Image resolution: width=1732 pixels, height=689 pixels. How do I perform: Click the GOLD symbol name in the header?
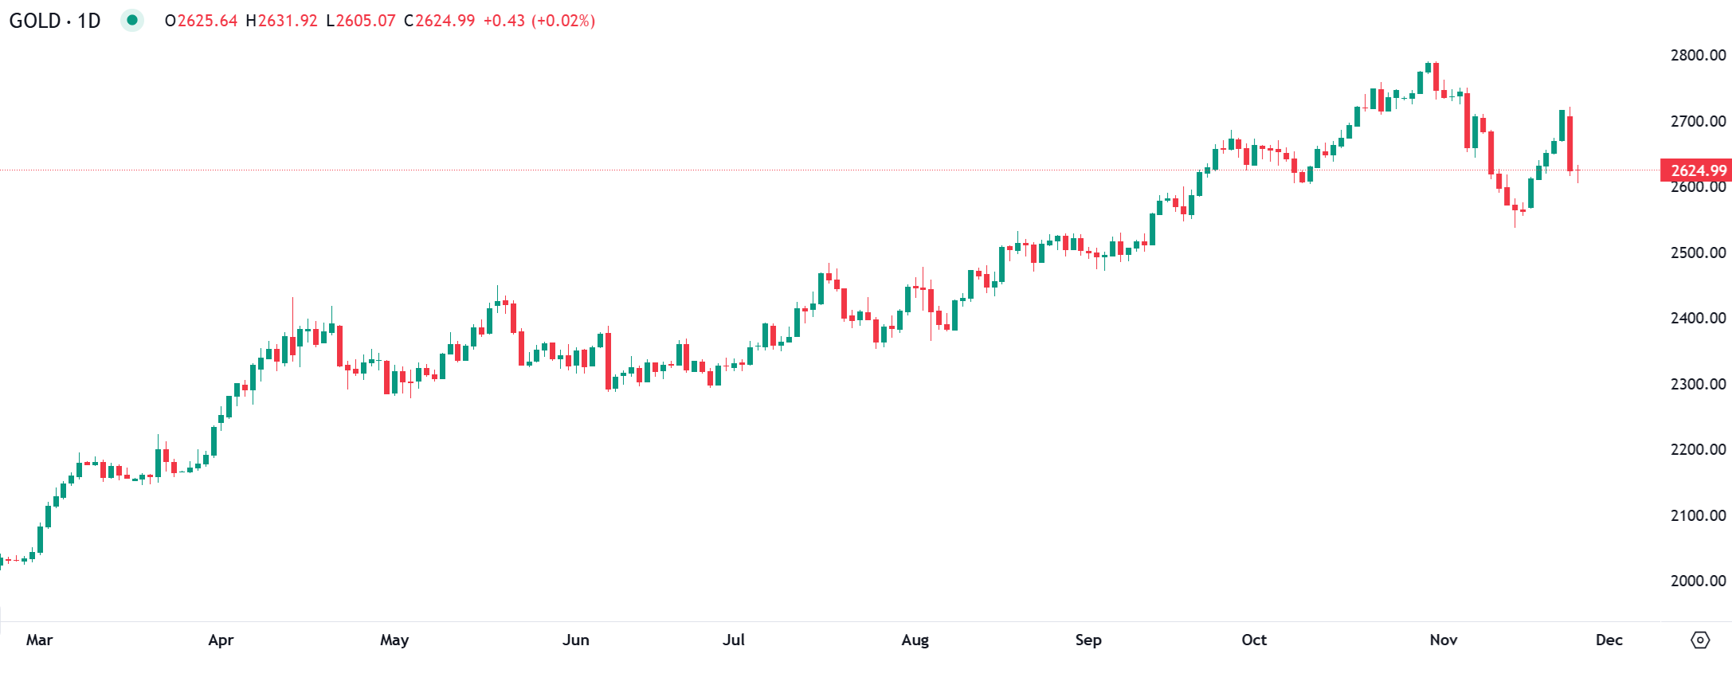coord(34,21)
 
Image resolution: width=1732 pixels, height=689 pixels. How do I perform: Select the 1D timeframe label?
coord(88,21)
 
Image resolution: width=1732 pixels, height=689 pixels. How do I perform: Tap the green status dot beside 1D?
coord(132,20)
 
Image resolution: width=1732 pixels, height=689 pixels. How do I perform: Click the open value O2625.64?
coord(201,21)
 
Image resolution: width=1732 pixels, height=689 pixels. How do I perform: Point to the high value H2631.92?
coord(281,21)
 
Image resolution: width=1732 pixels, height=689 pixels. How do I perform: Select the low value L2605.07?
coord(360,21)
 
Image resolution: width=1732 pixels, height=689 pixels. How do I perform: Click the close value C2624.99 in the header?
coord(439,21)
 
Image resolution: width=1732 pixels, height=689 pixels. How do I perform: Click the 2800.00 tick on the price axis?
coord(1698,56)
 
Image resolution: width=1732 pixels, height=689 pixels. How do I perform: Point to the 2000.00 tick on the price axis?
coord(1698,581)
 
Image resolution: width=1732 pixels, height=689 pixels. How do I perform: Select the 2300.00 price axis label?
coord(1698,384)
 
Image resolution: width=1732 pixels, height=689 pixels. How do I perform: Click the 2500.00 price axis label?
coord(1698,253)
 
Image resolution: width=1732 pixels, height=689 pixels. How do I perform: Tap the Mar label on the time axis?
coord(39,640)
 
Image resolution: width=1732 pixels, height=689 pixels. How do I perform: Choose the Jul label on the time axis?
coord(733,640)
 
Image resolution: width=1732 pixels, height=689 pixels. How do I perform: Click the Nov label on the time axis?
coord(1443,640)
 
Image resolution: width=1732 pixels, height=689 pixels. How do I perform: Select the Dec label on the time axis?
coord(1609,640)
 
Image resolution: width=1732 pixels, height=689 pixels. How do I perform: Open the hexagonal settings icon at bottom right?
coord(1699,640)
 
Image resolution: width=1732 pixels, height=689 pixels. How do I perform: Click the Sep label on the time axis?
coord(1087,640)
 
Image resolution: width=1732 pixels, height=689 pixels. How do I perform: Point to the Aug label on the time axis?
coord(915,640)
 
